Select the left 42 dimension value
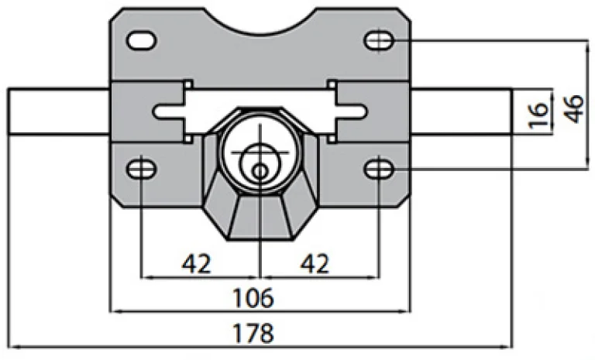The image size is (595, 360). (x=198, y=264)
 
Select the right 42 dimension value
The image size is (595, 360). (x=314, y=264)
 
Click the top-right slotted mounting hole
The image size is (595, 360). (x=379, y=39)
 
